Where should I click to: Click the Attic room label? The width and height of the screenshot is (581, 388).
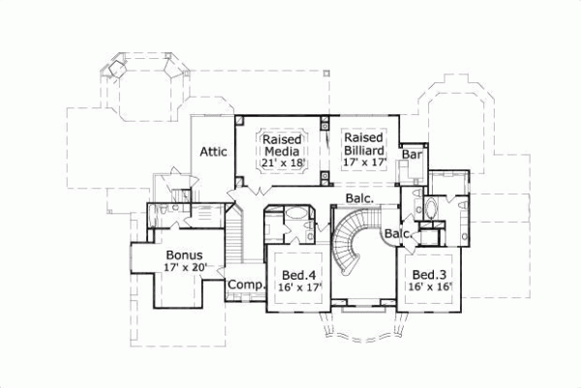[213, 152]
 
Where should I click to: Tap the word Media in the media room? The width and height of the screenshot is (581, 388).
[284, 151]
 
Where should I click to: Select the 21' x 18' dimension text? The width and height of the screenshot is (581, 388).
[284, 164]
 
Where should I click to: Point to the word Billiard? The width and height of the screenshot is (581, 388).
[365, 151]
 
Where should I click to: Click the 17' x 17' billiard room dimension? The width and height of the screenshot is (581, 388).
[365, 164]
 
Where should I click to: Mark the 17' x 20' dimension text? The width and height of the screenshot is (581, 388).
[184, 267]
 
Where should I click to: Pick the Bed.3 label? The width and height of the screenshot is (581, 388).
[427, 274]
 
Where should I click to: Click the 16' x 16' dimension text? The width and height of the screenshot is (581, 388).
[427, 287]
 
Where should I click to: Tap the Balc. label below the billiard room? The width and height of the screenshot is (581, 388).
[360, 199]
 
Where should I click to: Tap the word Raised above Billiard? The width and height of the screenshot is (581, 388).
[363, 139]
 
